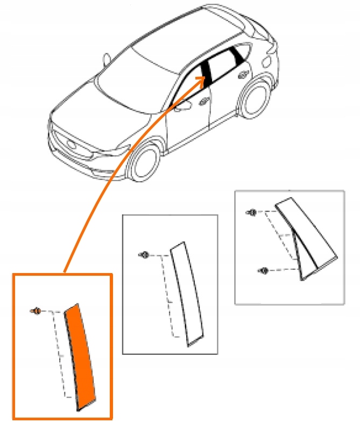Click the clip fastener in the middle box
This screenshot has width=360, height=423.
click(144, 254)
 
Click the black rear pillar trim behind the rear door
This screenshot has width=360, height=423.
click(237, 55)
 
